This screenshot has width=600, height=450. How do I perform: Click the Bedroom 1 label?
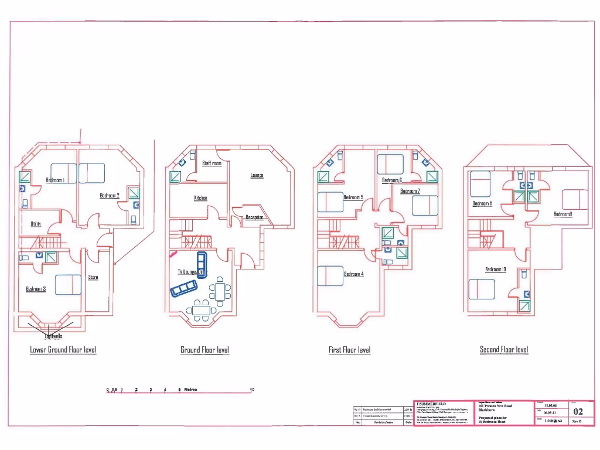[x=56, y=180]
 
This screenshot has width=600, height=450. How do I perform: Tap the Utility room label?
[x=36, y=224]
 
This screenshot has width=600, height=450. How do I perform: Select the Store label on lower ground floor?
[x=93, y=277]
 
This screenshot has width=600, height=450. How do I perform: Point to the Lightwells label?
[x=53, y=336]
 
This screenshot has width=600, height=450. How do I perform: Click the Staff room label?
[x=212, y=163]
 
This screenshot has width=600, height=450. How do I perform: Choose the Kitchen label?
[x=200, y=198]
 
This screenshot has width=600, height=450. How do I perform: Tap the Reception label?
[x=255, y=217]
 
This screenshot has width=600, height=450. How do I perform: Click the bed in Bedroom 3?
[x=68, y=285]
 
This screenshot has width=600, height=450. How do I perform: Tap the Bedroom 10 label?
[x=496, y=270]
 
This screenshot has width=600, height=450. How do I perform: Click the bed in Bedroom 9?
[x=575, y=200]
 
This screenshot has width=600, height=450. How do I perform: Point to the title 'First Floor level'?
[x=349, y=350]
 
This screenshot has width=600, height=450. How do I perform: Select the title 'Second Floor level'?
[x=504, y=350]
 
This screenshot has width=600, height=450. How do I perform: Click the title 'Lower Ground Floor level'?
[x=63, y=350]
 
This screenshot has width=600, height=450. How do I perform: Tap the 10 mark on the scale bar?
[x=252, y=390]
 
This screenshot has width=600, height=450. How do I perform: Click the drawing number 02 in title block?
[x=578, y=412]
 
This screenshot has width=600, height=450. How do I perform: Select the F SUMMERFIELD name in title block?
[x=431, y=404]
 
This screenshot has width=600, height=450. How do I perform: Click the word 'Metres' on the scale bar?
[x=191, y=390]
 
